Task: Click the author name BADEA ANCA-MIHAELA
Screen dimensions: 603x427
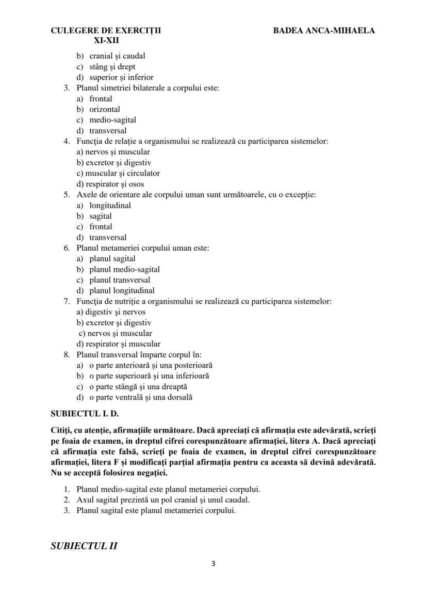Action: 324,30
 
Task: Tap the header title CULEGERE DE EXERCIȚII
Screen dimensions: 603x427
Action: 106,30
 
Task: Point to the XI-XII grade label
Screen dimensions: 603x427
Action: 106,41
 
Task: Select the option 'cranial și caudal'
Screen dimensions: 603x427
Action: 117,56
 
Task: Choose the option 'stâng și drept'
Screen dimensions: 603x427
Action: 112,67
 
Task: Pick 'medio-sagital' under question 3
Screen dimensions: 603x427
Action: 112,120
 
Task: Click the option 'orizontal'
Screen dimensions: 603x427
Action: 105,109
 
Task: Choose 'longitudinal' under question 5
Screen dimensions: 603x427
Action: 110,205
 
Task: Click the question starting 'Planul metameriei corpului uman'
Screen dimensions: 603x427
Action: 142,248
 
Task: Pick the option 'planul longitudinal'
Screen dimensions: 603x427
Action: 122,290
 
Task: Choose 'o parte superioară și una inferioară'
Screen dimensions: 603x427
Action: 149,376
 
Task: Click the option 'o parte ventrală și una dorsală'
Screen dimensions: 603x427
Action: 141,397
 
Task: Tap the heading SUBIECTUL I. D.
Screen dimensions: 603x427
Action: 85,414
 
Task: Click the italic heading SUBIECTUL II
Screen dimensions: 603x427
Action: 84,546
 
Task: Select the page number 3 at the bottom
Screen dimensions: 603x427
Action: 213,563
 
